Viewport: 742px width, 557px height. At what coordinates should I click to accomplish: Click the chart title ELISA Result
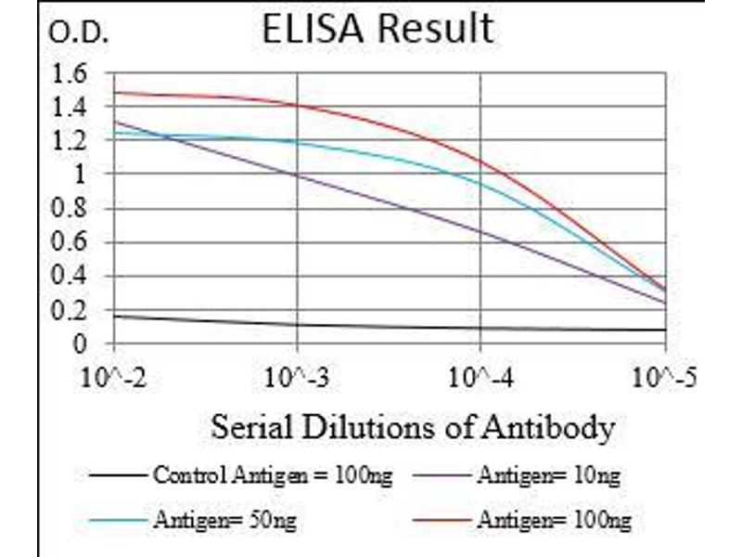click(x=377, y=29)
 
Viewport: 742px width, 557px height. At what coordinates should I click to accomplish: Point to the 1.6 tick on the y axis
click(x=71, y=72)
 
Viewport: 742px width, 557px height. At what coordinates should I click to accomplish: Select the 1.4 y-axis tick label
click(x=71, y=107)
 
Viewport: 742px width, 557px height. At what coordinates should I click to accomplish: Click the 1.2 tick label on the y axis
click(x=71, y=140)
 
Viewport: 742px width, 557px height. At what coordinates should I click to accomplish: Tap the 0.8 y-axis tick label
click(x=71, y=209)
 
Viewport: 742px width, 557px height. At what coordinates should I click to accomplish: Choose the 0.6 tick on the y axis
click(x=71, y=242)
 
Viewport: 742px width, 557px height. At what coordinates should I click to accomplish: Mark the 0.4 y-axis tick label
click(x=71, y=277)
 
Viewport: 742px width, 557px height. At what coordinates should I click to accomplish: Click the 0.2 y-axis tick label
click(x=71, y=310)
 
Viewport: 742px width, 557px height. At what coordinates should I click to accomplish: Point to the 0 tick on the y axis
click(x=81, y=344)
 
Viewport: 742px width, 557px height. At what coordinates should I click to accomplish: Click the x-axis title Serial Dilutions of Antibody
click(x=413, y=428)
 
